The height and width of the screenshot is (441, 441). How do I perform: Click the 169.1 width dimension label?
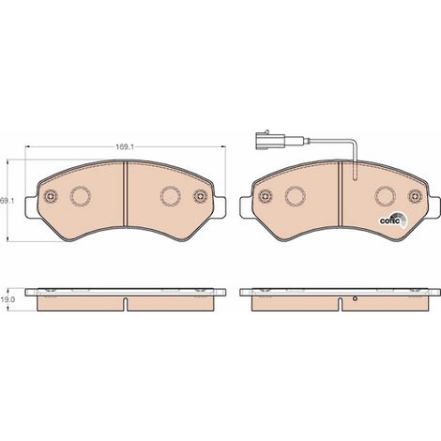point(125,147)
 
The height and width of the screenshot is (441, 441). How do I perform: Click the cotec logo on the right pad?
point(393,220)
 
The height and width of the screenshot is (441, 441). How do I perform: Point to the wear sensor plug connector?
point(270,141)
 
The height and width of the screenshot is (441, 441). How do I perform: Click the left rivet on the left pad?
point(51,196)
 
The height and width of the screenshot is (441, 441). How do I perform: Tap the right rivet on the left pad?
point(201,196)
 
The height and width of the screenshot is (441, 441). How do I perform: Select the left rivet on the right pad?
point(265,196)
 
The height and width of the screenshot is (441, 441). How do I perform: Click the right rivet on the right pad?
point(415,196)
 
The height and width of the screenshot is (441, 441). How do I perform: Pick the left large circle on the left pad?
point(81,196)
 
